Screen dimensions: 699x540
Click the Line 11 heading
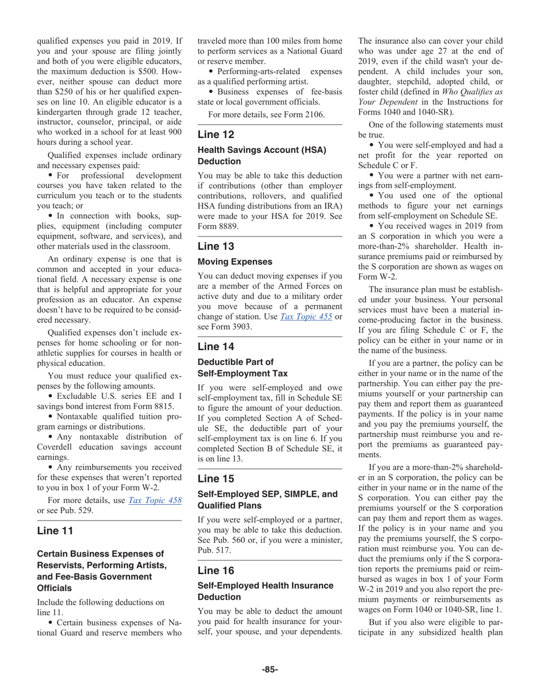click(x=55, y=531)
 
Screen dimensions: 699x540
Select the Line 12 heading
click(x=215, y=135)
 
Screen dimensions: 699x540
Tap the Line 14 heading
click(x=215, y=347)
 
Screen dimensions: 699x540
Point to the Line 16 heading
click(x=215, y=571)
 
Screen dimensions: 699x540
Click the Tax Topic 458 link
click(x=155, y=500)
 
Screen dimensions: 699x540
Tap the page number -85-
click(x=269, y=669)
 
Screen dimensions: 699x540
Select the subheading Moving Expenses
click(x=235, y=262)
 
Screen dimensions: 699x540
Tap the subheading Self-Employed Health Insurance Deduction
click(x=265, y=591)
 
